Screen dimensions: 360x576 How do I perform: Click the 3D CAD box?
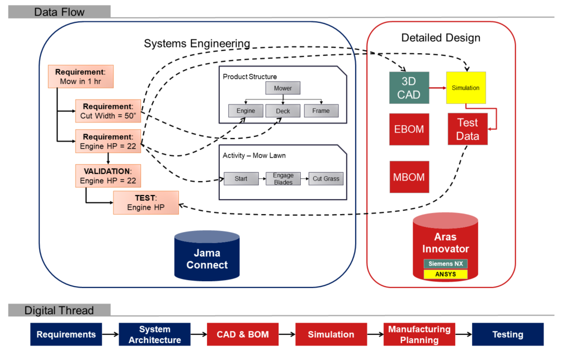[409, 88]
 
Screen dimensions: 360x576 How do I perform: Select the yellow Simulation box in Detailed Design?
[465, 88]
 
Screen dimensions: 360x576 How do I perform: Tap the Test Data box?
[468, 130]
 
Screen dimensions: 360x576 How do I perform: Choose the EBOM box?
[409, 129]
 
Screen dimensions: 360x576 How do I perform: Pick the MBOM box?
[409, 177]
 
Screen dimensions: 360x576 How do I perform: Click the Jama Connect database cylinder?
[207, 257]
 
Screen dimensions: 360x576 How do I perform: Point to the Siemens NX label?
[445, 264]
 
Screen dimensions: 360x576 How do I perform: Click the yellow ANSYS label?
[445, 274]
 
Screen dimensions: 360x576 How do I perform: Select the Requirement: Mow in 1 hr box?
[84, 77]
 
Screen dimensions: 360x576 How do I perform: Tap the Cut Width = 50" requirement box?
[108, 112]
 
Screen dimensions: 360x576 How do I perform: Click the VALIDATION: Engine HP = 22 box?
[108, 176]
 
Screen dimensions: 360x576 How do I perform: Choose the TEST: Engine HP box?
[145, 202]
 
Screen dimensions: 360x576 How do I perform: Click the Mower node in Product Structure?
[282, 88]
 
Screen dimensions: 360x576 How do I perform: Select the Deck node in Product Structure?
[282, 111]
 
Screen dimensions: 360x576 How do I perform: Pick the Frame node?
[320, 111]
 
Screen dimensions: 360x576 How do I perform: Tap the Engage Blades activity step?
[283, 179]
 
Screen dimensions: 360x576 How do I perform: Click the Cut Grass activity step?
[325, 179]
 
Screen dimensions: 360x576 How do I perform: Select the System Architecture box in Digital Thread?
[154, 334]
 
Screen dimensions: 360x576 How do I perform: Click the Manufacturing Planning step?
[419, 334]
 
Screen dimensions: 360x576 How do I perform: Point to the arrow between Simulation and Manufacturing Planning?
[375, 334]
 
